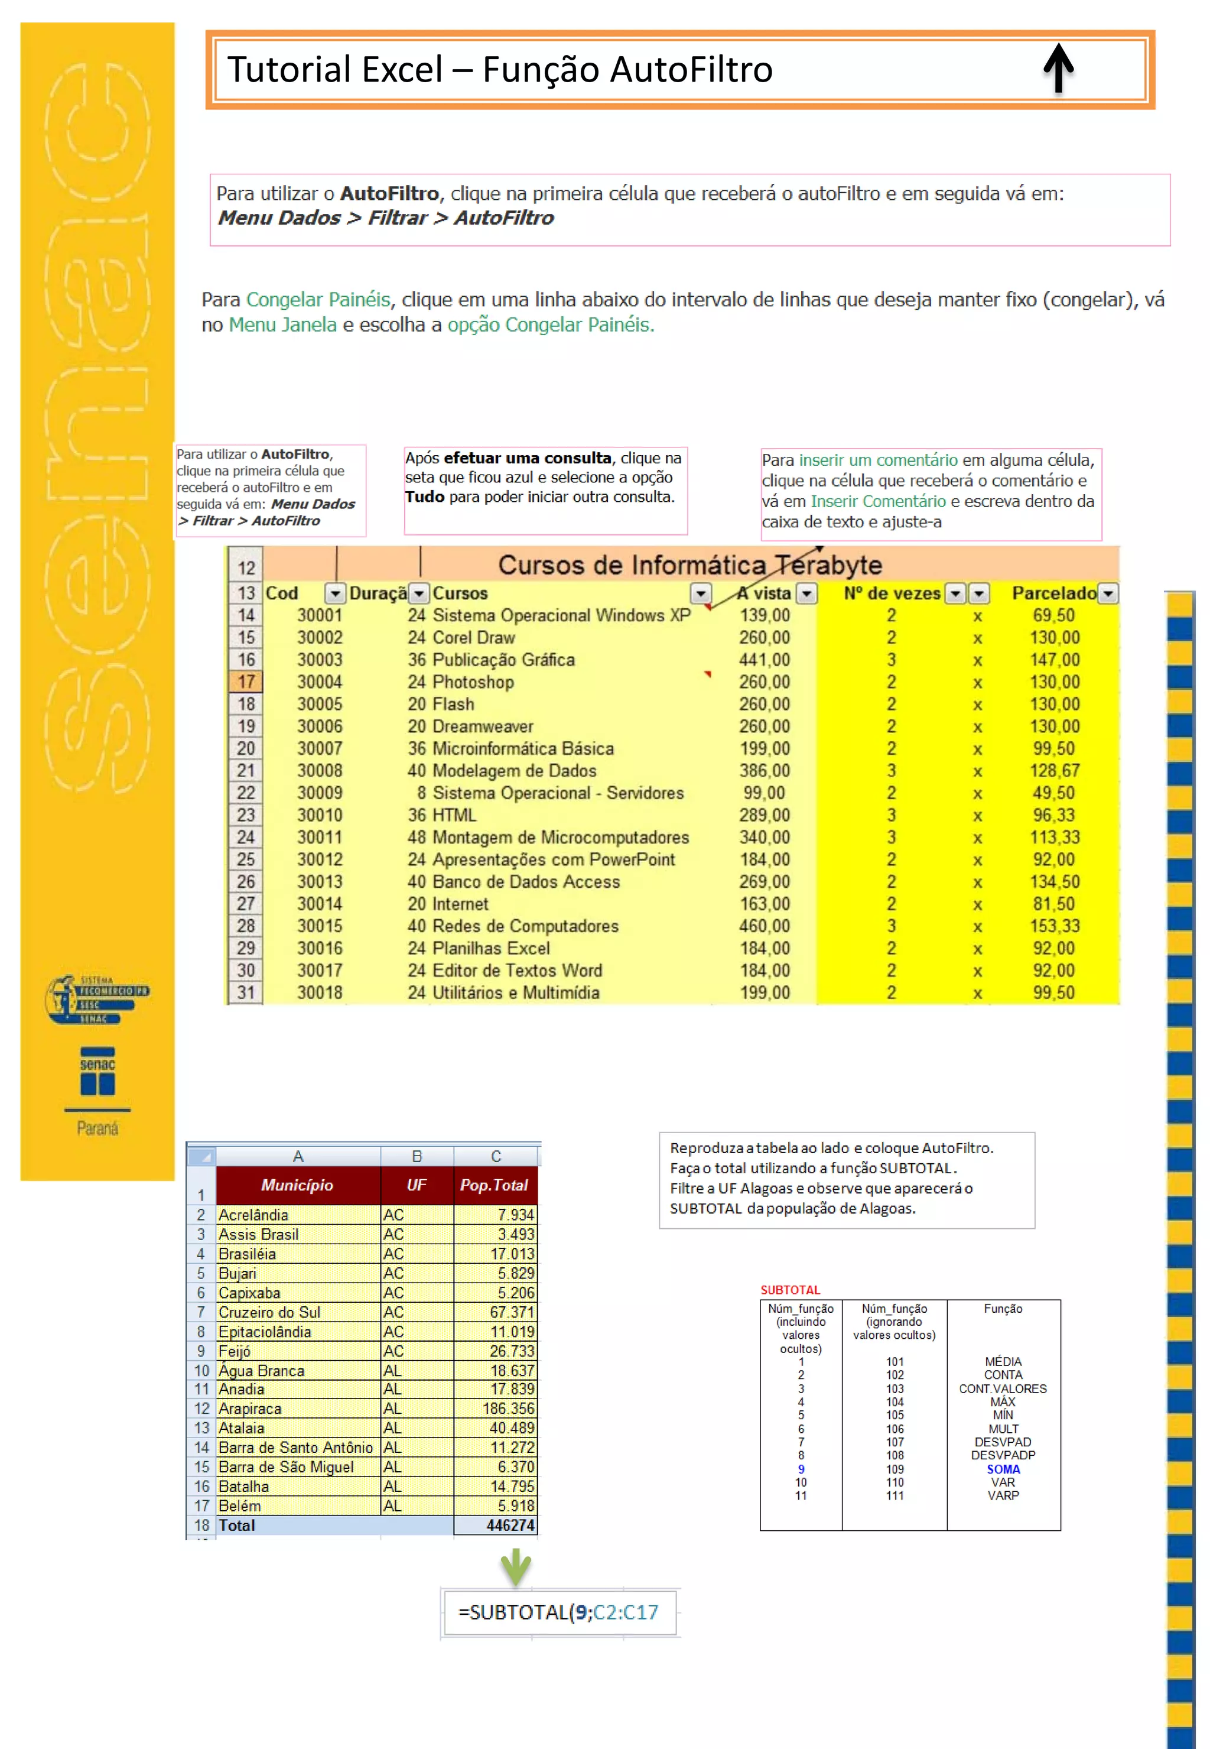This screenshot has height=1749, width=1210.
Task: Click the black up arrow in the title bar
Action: coord(1058,68)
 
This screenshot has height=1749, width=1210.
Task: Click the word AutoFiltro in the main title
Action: coord(691,70)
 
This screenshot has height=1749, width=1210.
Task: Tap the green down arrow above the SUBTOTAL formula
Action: coord(516,1567)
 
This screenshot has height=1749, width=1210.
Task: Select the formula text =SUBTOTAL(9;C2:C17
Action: coord(558,1612)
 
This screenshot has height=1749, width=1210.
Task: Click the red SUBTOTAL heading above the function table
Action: coord(790,1290)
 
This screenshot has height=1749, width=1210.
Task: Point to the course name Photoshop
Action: coord(473,682)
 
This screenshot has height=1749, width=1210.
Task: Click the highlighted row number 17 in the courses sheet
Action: coord(246,682)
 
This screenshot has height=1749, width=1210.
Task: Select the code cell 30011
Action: coord(319,838)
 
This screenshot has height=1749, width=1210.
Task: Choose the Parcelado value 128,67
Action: coord(1054,771)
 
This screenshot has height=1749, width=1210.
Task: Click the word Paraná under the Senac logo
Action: coord(97,1128)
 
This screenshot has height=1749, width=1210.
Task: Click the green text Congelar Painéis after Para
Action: coord(318,300)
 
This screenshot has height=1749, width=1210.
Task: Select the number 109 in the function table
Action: coord(895,1469)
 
